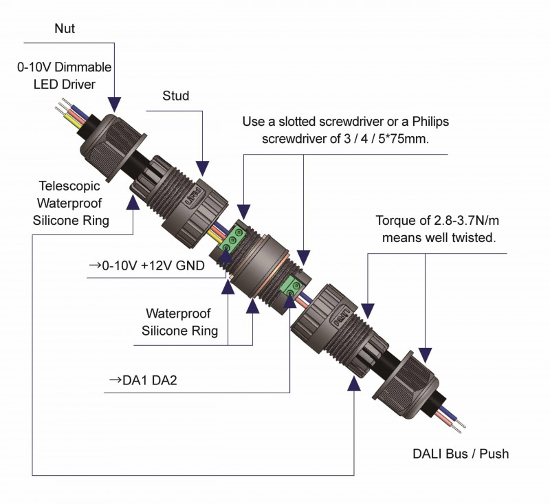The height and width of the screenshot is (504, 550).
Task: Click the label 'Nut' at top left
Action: point(65,30)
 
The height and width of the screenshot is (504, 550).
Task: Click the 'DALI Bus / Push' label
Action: point(461,454)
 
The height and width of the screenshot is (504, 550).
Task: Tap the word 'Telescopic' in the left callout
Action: point(69,186)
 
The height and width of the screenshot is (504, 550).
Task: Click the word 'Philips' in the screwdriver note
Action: point(430,122)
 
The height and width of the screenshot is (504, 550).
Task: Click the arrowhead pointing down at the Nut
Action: point(115,105)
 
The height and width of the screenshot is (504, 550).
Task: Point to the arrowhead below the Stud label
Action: point(202,166)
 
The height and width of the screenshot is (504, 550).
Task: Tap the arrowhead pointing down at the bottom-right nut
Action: point(426,353)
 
